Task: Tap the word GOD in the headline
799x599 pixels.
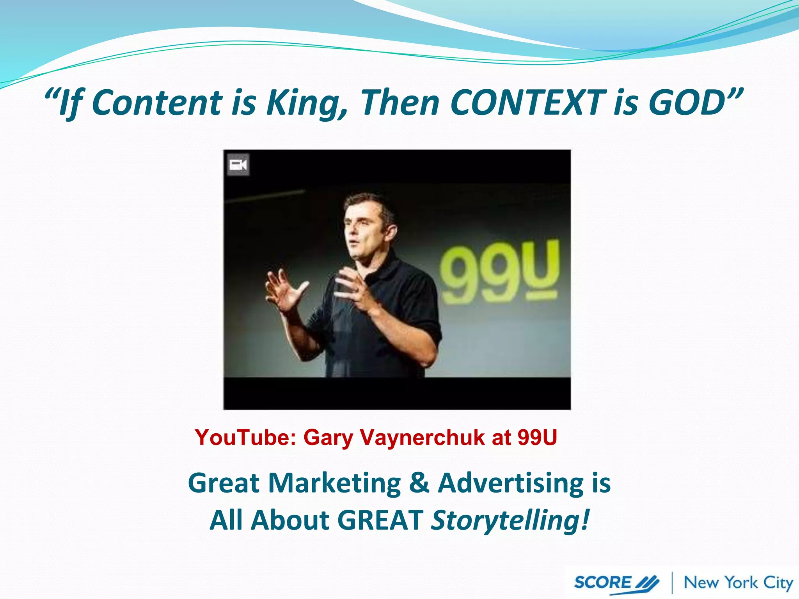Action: coord(686,103)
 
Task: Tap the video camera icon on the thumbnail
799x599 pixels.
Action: coord(238,165)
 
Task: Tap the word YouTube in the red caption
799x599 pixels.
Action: coord(246,437)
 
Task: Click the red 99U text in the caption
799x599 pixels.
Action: coord(537,437)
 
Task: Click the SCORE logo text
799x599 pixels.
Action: coord(603,583)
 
